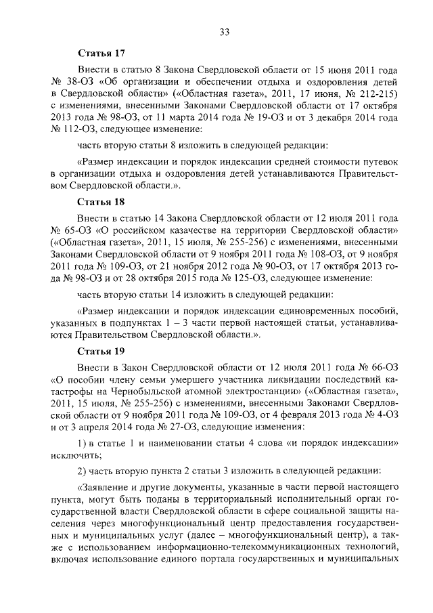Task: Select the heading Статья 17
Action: [101, 52]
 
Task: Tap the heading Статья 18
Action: [101, 202]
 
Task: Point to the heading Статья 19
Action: [101, 352]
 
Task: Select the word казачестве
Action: [187, 232]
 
